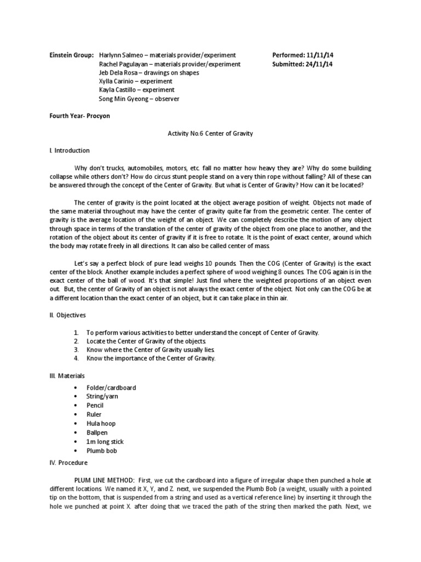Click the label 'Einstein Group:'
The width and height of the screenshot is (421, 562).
click(x=71, y=55)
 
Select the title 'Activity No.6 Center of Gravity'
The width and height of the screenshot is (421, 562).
click(x=210, y=133)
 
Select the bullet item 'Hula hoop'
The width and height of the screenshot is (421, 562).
click(x=101, y=424)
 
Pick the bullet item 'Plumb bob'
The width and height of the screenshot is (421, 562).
click(x=101, y=451)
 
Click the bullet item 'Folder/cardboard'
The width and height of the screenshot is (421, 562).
click(x=111, y=387)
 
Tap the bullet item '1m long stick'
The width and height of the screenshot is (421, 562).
click(x=105, y=442)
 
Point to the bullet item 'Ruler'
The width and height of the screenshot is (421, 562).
click(x=94, y=414)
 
